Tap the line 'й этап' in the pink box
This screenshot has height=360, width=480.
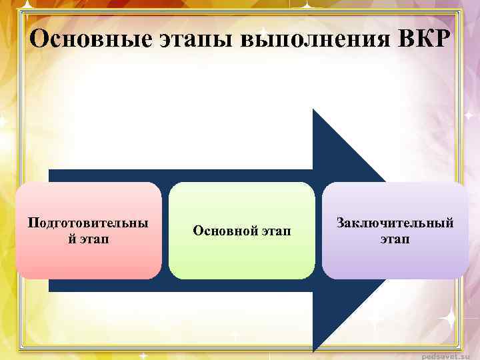pyautogui.click(x=89, y=238)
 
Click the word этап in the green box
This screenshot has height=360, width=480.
pyautogui.click(x=276, y=231)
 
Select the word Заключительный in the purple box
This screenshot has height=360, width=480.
pyautogui.click(x=395, y=223)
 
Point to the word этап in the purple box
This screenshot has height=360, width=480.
pyautogui.click(x=395, y=238)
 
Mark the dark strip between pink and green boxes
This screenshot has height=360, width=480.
pyautogui.click(x=165, y=230)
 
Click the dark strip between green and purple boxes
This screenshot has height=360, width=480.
pyautogui.click(x=318, y=230)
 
